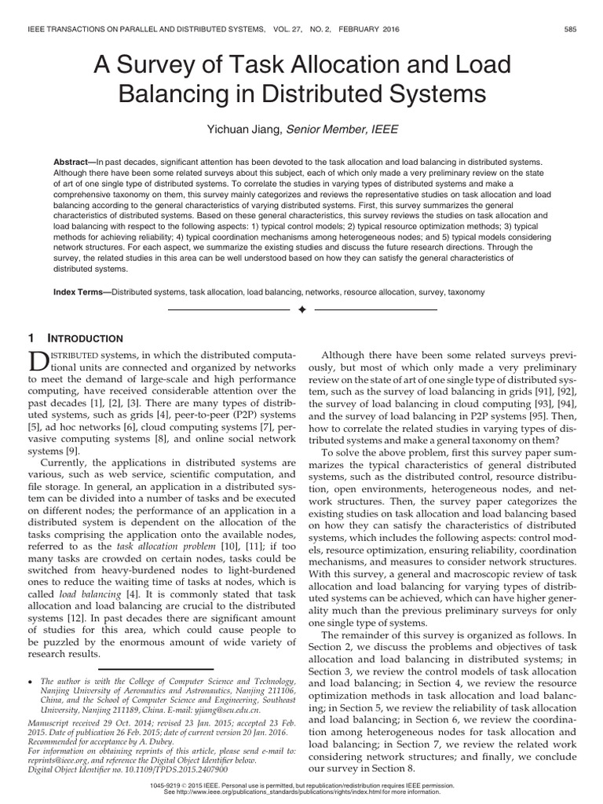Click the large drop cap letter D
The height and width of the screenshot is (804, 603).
point(40,362)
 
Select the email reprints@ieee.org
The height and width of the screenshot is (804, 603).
point(55,760)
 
